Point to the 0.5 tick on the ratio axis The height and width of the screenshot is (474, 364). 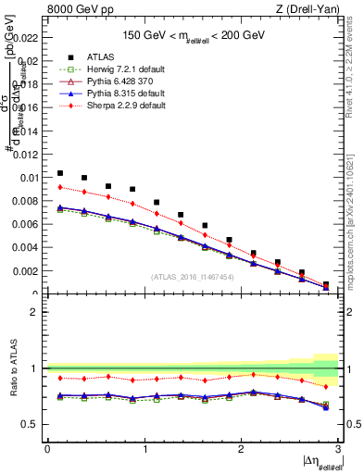click(x=29, y=424)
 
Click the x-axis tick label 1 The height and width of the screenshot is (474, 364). click(x=144, y=448)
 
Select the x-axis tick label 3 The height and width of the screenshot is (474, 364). click(x=337, y=448)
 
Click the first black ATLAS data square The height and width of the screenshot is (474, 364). click(x=60, y=173)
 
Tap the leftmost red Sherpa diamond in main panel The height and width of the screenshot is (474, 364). click(x=60, y=187)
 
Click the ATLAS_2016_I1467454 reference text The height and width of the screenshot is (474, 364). click(x=191, y=277)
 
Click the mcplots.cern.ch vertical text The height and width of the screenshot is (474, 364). click(x=356, y=222)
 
